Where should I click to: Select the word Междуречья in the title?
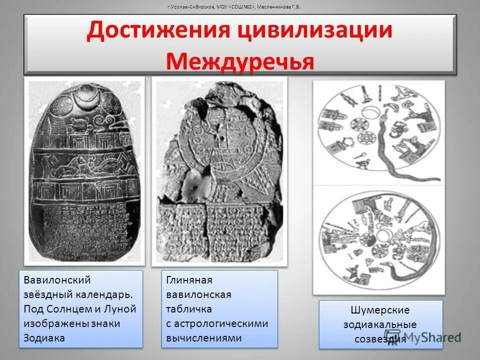[240, 61]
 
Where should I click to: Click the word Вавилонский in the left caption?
[57, 280]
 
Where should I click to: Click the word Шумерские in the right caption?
[381, 310]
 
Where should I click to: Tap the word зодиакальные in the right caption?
[380, 324]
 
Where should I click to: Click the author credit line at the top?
[240, 7]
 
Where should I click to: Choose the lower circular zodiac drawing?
[378, 240]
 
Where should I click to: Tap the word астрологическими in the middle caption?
[217, 323]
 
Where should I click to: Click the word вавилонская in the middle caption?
[198, 294]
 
